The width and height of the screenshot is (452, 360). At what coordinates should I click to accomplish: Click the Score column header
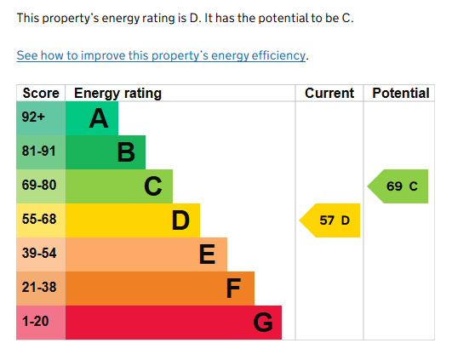pos(40,93)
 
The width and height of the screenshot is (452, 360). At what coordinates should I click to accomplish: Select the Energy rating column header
pos(117,93)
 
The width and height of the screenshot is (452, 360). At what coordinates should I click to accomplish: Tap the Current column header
pos(329,93)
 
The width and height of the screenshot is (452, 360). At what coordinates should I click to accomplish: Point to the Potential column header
pos(401,93)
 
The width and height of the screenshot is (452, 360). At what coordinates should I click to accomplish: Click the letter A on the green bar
pos(99,119)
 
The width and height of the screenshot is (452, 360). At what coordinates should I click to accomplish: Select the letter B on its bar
pos(126,153)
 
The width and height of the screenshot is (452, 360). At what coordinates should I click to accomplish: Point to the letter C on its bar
pos(153,186)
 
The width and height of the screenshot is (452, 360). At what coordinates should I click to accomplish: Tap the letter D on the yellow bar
pos(180,221)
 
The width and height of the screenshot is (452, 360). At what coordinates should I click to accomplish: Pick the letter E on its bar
pos(207,254)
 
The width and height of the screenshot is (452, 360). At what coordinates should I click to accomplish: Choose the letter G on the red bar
pos(263,323)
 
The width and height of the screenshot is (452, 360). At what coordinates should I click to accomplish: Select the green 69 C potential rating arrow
pos(398,186)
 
